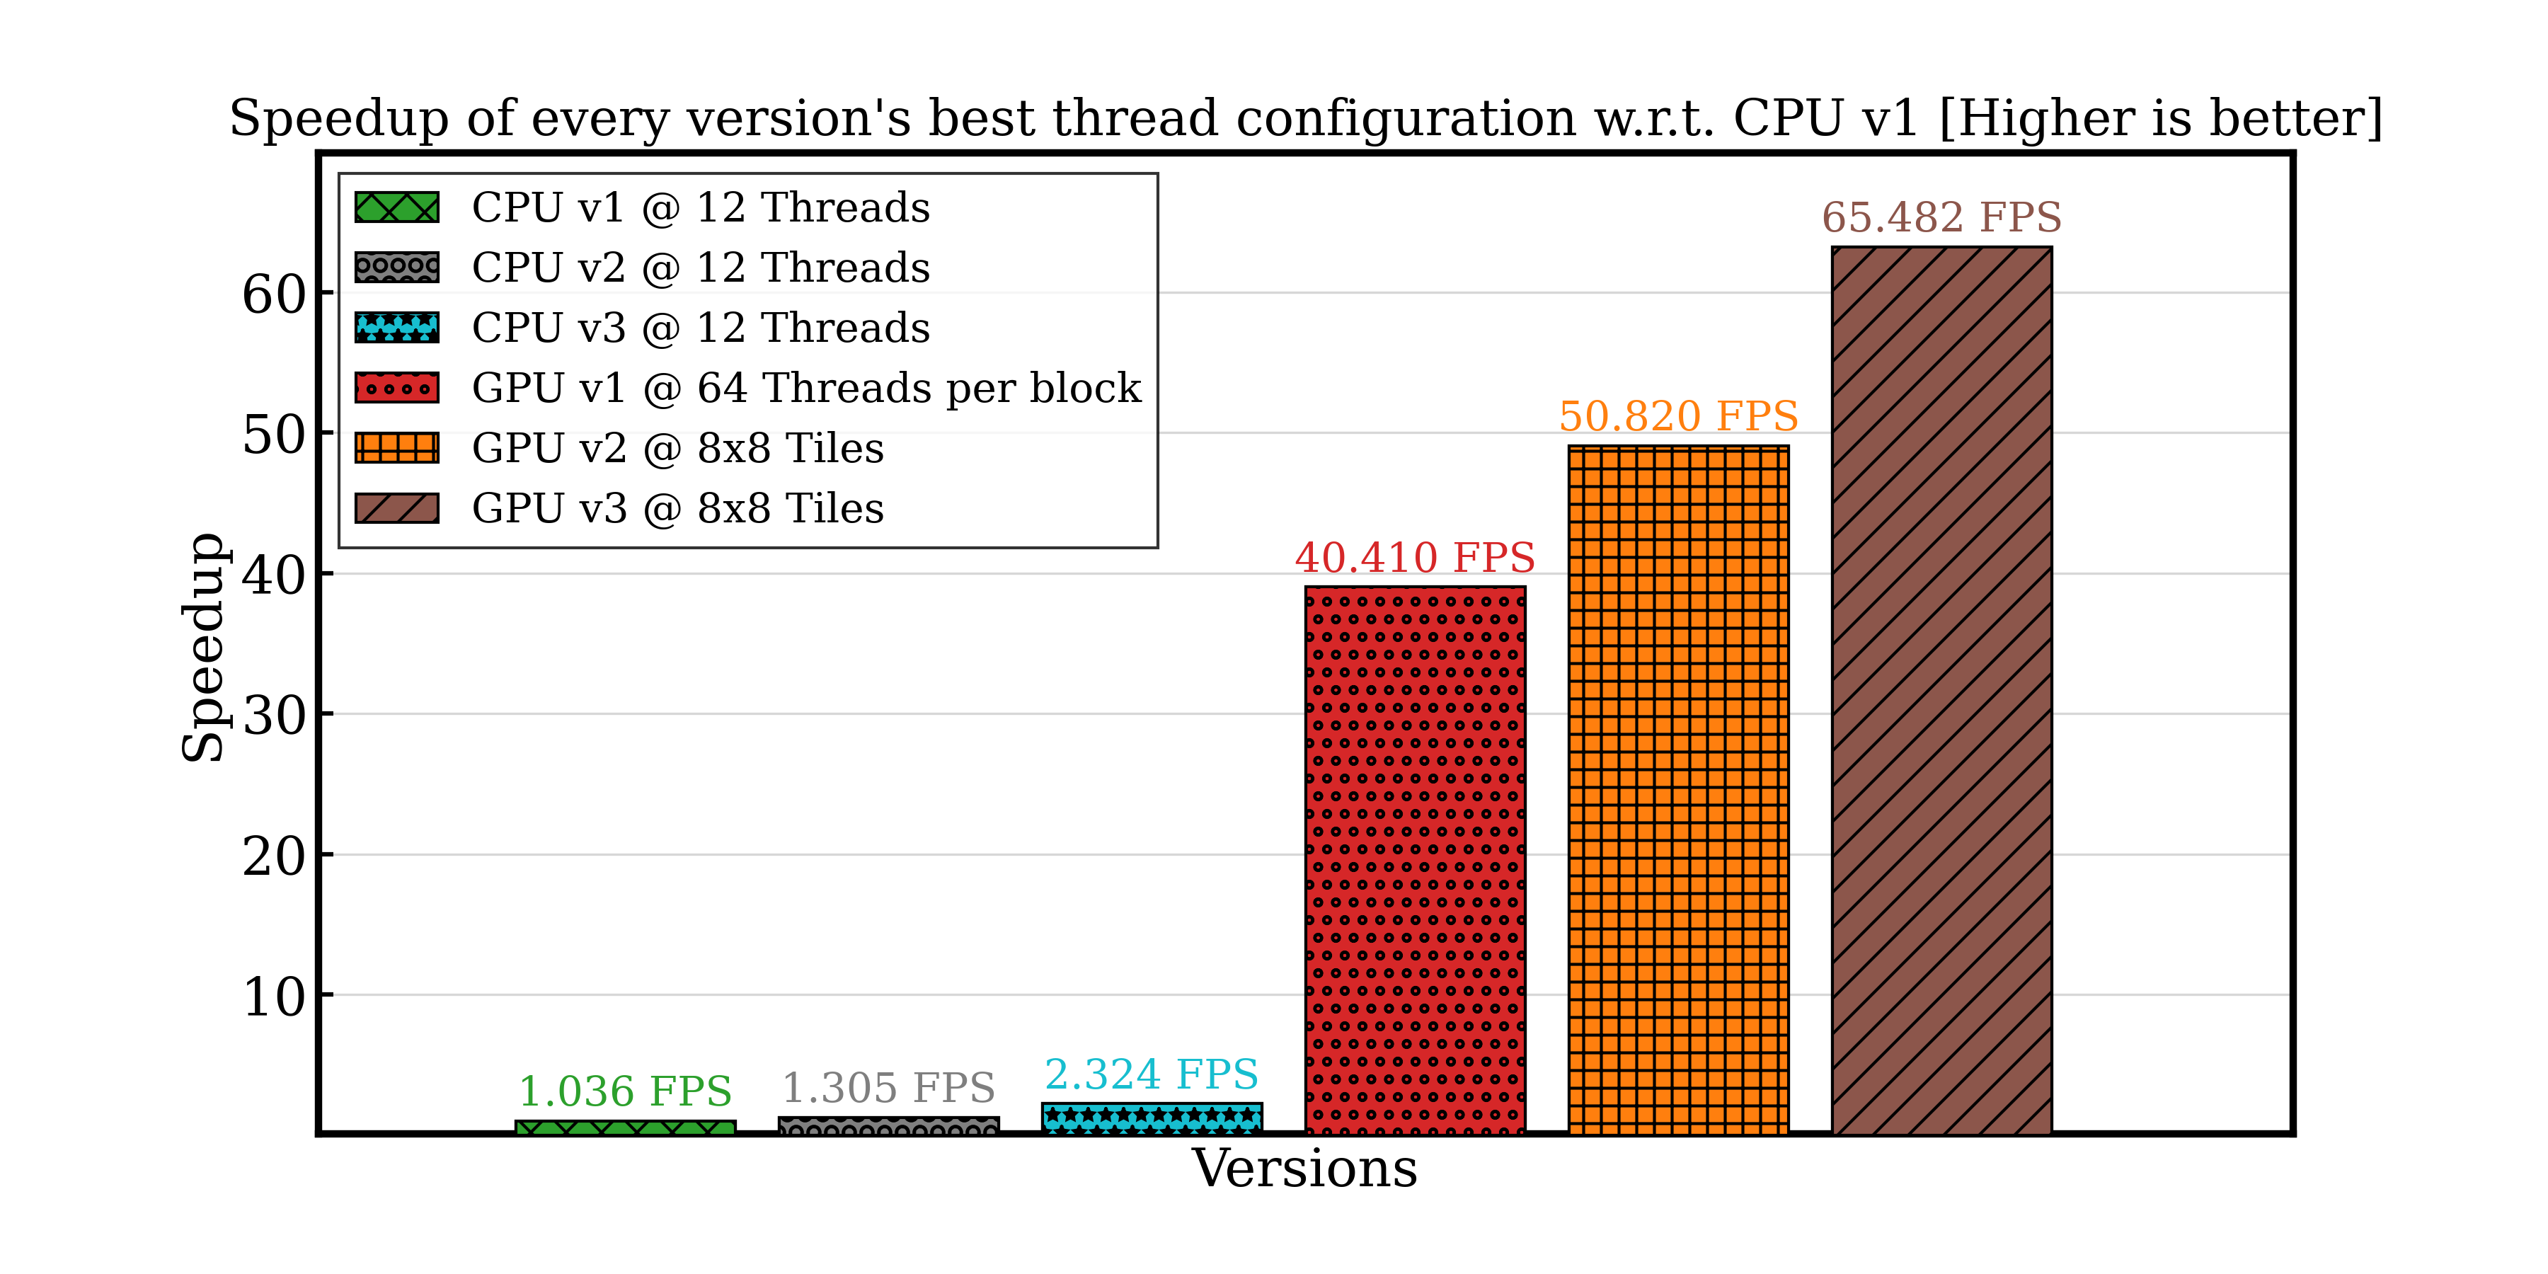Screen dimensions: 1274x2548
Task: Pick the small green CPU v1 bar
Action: pyautogui.click(x=625, y=1127)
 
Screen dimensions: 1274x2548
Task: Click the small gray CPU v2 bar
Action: pyautogui.click(x=888, y=1125)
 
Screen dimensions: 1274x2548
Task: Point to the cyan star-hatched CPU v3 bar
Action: pyautogui.click(x=1152, y=1118)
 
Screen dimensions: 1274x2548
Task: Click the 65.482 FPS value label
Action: pyautogui.click(x=1941, y=217)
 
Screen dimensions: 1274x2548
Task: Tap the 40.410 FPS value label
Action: pyautogui.click(x=1414, y=558)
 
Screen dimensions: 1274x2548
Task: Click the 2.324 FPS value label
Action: pyautogui.click(x=1152, y=1074)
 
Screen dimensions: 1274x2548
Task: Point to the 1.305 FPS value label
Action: pyautogui.click(x=888, y=1088)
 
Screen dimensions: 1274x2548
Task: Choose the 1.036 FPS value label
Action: pyautogui.click(x=625, y=1092)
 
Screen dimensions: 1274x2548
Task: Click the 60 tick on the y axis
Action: pyautogui.click(x=273, y=294)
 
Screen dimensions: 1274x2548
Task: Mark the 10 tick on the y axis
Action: pyautogui.click(x=273, y=997)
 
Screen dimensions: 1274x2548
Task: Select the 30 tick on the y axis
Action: pyautogui.click(x=273, y=716)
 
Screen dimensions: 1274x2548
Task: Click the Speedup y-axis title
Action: pyautogui.click(x=202, y=648)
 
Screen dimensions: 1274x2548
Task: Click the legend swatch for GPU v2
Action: pyautogui.click(x=396, y=448)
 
